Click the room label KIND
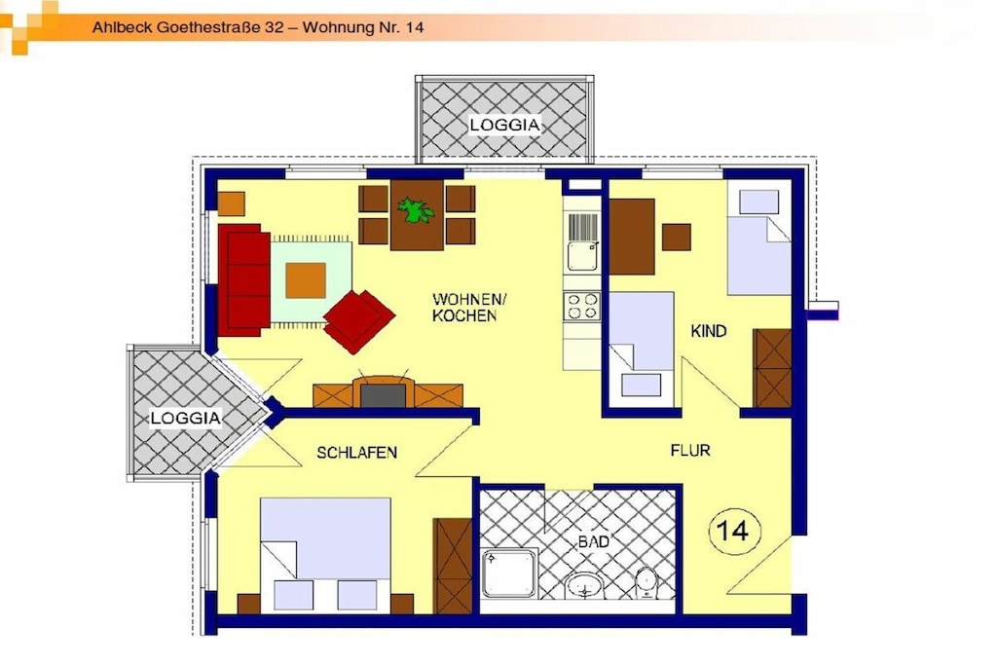[x=709, y=331]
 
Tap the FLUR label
[x=690, y=450]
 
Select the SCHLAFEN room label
[x=356, y=453]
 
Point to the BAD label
[x=593, y=541]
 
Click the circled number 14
[x=734, y=531]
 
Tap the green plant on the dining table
[x=415, y=209]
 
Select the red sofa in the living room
[x=244, y=279]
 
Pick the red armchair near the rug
[x=359, y=321]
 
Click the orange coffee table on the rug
[x=305, y=280]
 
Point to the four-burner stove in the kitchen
[x=582, y=306]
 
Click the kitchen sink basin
[x=582, y=255]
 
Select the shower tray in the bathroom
[x=509, y=573]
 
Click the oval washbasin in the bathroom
[x=585, y=585]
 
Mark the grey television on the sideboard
[x=383, y=395]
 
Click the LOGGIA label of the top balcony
[x=505, y=125]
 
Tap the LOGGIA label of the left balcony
[x=186, y=418]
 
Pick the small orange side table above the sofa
[x=231, y=204]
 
